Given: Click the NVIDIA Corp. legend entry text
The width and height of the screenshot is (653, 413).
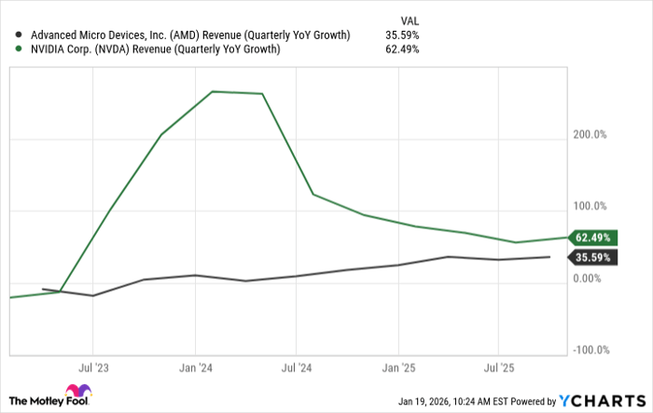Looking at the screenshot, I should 153,49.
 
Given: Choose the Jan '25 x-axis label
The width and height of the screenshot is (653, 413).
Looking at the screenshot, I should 399,367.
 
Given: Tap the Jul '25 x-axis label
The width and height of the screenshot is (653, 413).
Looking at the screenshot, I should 500,367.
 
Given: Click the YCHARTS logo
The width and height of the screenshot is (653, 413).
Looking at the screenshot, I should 600,400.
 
